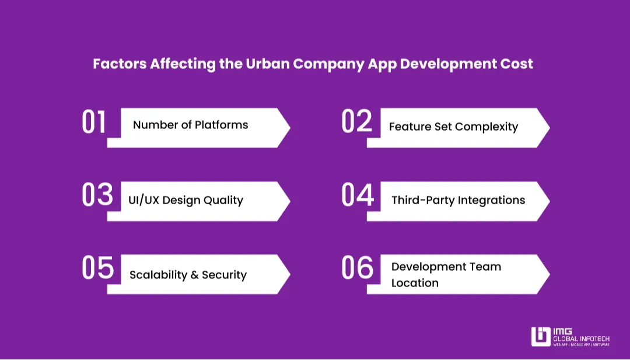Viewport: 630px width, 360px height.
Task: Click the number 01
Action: (x=94, y=122)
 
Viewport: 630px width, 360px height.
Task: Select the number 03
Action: (x=97, y=194)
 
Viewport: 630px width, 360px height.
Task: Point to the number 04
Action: (x=358, y=195)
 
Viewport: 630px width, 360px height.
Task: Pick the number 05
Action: (x=97, y=268)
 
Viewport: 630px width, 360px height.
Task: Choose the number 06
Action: (x=358, y=268)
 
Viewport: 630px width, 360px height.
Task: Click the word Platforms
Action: (x=222, y=125)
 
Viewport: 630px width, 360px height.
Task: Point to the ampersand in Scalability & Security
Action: (x=194, y=275)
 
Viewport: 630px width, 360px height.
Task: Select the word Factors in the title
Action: (x=120, y=64)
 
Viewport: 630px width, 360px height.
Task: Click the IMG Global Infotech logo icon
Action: (x=541, y=337)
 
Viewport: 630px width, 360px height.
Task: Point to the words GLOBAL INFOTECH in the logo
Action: (x=582, y=339)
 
